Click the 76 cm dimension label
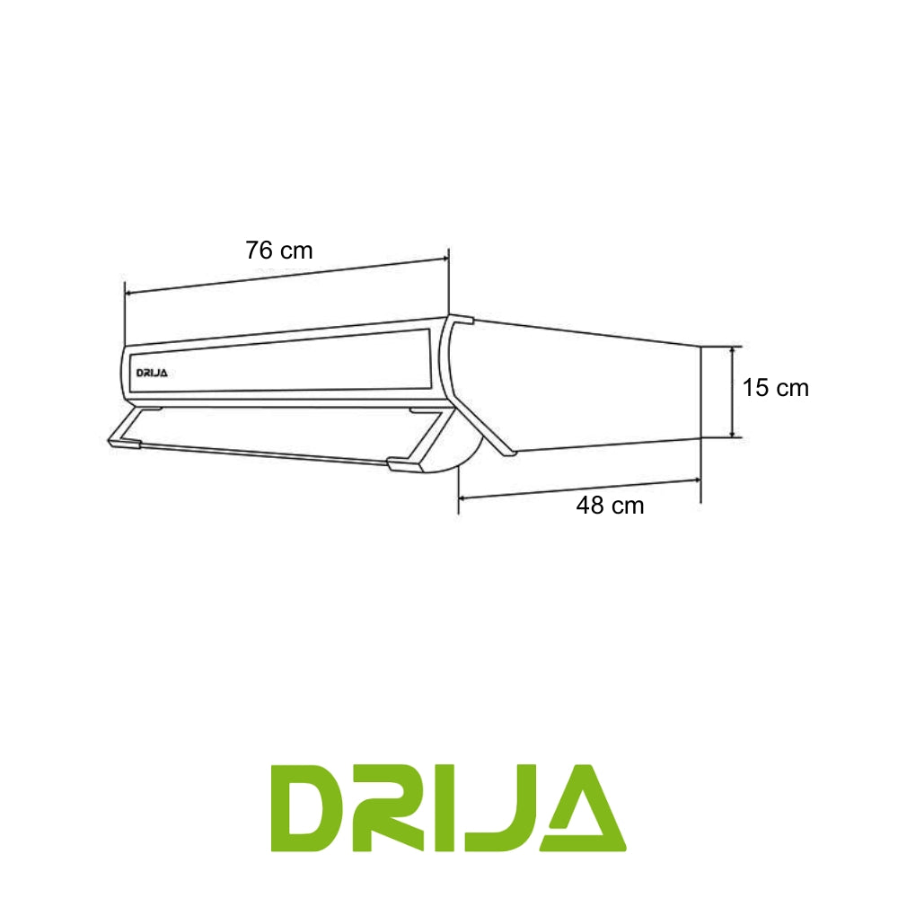279,251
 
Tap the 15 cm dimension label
776,388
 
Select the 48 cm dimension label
610,506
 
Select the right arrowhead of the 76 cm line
443,260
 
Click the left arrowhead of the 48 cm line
464,496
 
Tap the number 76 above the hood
260,251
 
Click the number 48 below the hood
590,506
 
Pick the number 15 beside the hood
755,388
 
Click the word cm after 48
629,506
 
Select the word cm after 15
793,388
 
